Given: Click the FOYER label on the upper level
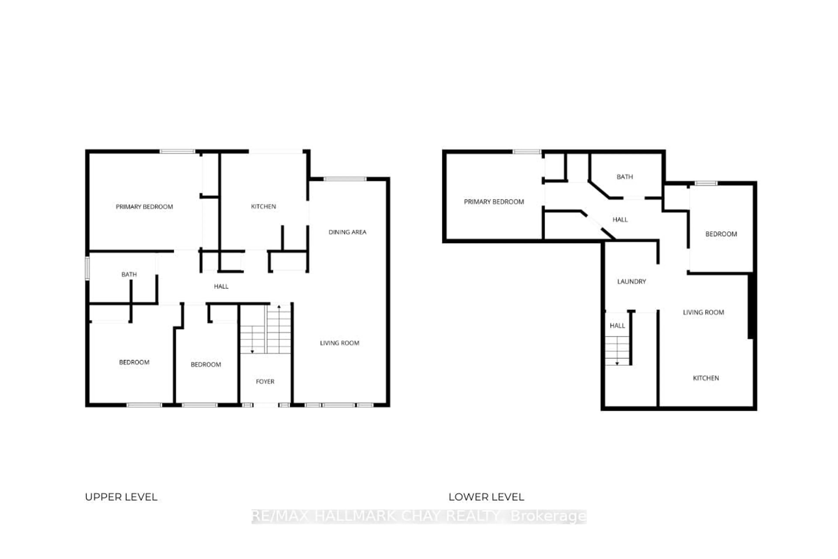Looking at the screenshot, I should (x=265, y=381).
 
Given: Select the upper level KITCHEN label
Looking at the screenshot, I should (x=263, y=206).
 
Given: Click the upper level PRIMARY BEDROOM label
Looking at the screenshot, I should (x=144, y=207).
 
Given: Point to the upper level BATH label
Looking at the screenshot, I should (x=129, y=274).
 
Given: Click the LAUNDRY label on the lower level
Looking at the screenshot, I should (x=631, y=281).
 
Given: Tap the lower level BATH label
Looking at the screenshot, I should (x=625, y=177).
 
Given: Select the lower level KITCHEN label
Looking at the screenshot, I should (x=706, y=378).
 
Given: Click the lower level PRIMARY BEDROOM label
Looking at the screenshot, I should (x=494, y=202).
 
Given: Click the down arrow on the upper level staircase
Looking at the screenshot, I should (x=252, y=351).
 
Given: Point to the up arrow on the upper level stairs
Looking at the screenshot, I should (x=279, y=307).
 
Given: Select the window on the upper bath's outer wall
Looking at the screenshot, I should (x=87, y=268).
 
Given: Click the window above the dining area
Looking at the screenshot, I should (x=345, y=179).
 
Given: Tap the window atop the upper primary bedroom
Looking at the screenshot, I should (x=177, y=152).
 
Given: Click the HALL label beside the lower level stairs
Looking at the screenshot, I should (x=617, y=326).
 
